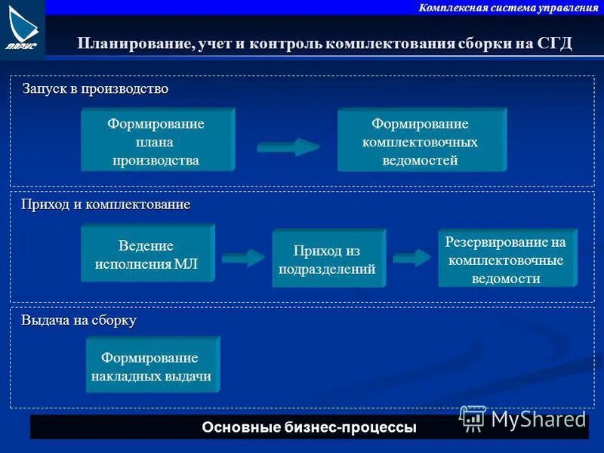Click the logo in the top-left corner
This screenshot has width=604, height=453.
22,29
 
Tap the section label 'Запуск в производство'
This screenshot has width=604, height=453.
95,89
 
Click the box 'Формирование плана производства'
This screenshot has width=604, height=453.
156,141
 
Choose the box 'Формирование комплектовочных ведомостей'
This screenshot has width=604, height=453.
421,141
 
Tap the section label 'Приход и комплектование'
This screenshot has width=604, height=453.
106,205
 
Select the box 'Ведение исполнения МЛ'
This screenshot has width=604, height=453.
146,255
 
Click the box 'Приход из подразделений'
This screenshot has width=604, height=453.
328,259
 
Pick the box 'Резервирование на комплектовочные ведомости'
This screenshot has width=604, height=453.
506,260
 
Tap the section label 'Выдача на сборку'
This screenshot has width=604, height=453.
79,320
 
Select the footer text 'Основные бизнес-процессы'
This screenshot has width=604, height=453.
309,427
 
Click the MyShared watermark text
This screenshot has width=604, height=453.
538,419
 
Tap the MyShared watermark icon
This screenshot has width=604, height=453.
473,418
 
